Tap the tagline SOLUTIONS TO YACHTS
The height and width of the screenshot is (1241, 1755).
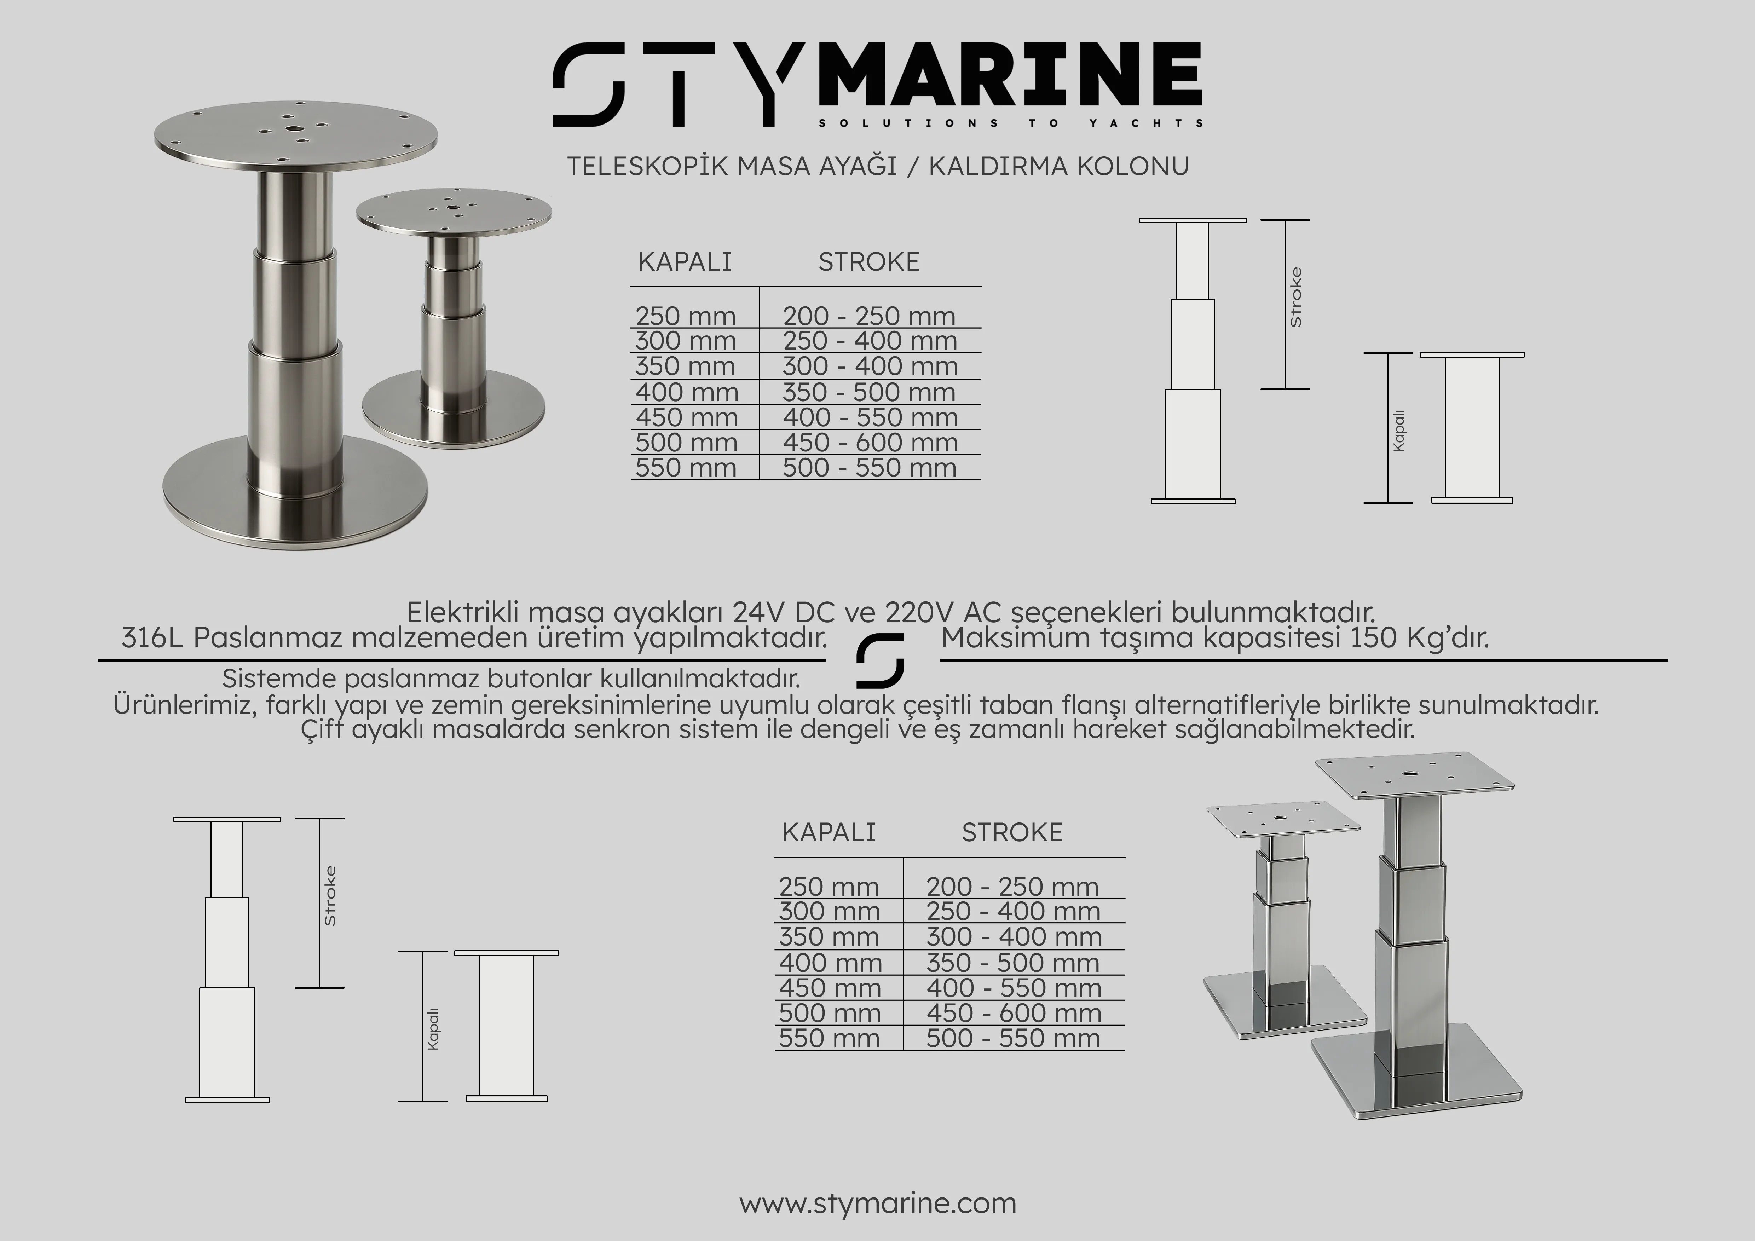(x=1010, y=123)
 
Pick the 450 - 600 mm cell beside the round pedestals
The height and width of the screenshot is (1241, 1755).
(x=870, y=443)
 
